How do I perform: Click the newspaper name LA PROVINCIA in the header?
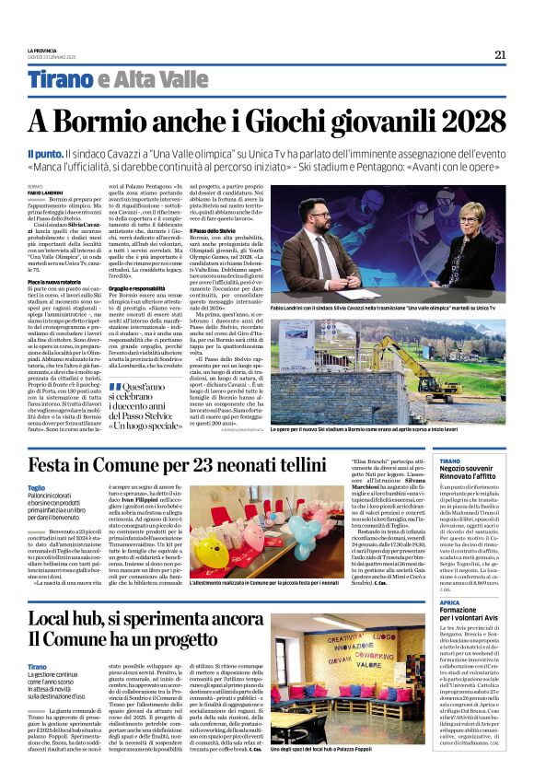coord(41,51)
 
